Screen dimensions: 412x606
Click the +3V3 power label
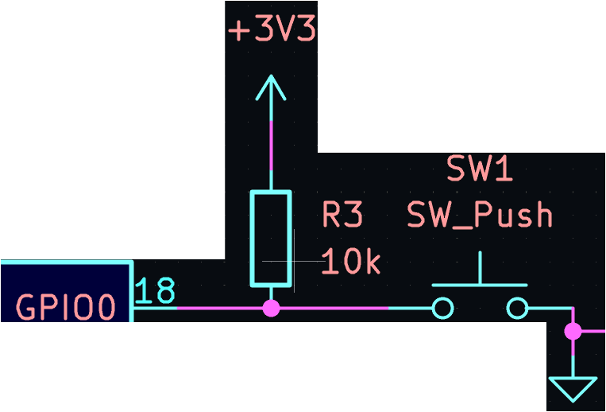pyautogui.click(x=272, y=31)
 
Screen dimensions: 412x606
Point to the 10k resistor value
pyautogui.click(x=350, y=261)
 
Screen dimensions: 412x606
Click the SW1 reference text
pyautogui.click(x=479, y=169)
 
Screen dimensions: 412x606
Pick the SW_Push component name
pyautogui.click(x=480, y=215)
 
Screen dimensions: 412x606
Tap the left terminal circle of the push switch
pyautogui.click(x=443, y=308)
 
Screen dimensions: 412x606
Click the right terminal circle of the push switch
pyautogui.click(x=517, y=308)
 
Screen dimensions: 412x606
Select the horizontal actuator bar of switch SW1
pyautogui.click(x=480, y=285)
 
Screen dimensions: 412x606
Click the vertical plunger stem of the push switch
pyautogui.click(x=480, y=268)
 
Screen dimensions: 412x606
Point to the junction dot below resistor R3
pyautogui.click(x=272, y=309)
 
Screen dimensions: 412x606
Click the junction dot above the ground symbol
pyautogui.click(x=571, y=332)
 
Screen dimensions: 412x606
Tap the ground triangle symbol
pyautogui.click(x=571, y=389)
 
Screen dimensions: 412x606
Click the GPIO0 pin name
pyautogui.click(x=66, y=308)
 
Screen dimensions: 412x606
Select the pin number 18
pyautogui.click(x=155, y=292)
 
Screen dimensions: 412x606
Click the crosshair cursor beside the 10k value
pyautogui.click(x=293, y=261)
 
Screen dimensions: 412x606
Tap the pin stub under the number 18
pyautogui.click(x=155, y=309)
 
